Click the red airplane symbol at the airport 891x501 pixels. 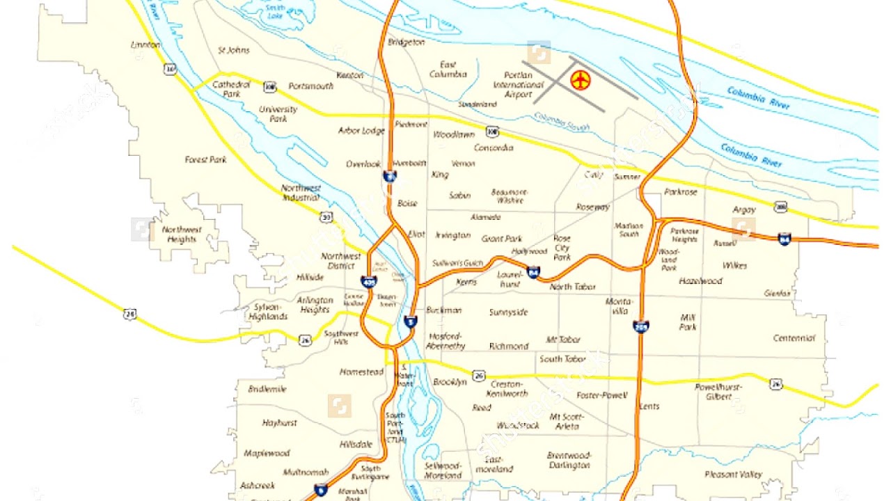coord(580,79)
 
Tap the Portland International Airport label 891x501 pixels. coord(519,84)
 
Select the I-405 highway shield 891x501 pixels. coord(369,282)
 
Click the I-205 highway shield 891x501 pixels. coord(641,325)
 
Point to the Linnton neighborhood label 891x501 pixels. coord(145,45)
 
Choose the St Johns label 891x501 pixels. coord(234,50)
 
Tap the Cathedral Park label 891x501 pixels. coord(226,88)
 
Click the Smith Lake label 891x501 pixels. coord(276,13)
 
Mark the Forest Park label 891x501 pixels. coord(206,159)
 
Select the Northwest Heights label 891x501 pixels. coord(181,234)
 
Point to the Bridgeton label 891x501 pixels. coord(406,42)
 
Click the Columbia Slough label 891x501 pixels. coord(562,123)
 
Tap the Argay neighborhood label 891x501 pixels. coord(744,209)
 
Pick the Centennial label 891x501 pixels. coord(794,338)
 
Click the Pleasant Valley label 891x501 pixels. coord(733,475)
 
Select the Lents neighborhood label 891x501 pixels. coord(649,406)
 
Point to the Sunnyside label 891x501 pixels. coord(508,312)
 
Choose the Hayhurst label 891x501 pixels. coord(279,422)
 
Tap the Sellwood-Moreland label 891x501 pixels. coord(443,470)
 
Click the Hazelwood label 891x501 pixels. coord(700,281)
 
